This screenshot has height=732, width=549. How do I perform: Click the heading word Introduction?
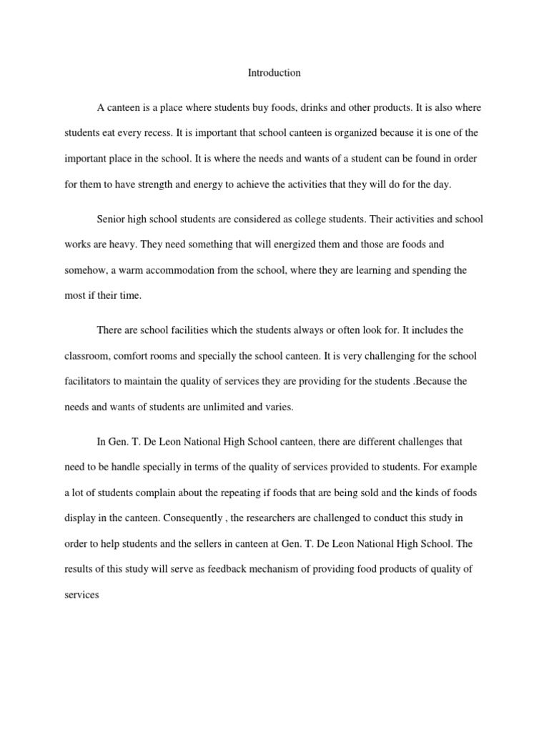click(x=274, y=73)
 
